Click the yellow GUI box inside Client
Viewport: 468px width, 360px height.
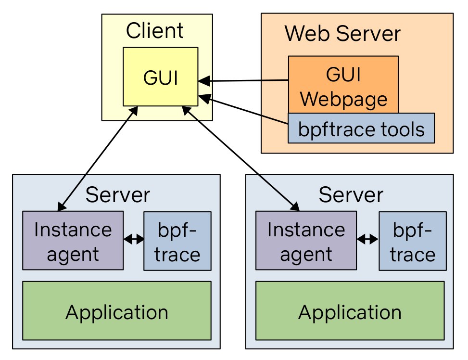[x=160, y=77]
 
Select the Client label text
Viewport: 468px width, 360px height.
[x=154, y=31]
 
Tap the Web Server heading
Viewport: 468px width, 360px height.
[x=342, y=34]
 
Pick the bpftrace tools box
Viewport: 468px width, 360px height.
[x=361, y=129]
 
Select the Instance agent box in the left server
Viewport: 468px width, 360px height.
[x=73, y=241]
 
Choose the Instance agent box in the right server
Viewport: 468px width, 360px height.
[x=306, y=241]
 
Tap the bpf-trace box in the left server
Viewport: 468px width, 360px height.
[x=177, y=241]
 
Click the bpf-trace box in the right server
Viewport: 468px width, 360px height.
[x=412, y=241]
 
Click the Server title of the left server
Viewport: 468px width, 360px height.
[x=117, y=195]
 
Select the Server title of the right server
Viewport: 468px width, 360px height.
[x=351, y=195]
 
